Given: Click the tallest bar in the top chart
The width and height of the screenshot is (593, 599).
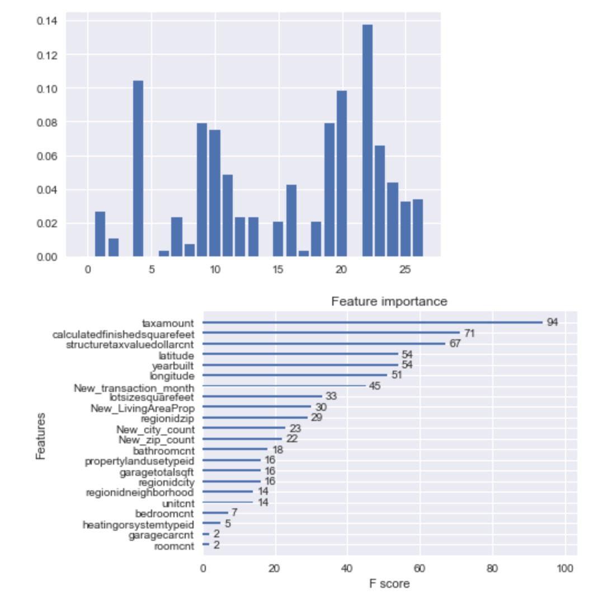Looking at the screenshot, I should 367,140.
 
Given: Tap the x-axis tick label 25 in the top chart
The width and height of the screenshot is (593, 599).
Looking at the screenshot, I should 405,270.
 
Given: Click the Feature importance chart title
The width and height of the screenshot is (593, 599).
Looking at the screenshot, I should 389,302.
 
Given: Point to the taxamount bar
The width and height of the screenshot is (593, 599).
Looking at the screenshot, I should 372,322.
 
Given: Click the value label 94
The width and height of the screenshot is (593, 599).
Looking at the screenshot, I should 552,322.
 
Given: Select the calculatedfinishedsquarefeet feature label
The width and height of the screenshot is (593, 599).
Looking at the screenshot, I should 124,334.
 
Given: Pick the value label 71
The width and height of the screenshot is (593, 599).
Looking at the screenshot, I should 469,334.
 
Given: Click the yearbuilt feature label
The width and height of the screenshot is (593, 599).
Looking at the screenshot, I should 173,365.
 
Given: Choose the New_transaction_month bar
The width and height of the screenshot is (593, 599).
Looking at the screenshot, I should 284,386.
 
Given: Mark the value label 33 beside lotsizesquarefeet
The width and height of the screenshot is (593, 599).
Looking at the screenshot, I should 331,397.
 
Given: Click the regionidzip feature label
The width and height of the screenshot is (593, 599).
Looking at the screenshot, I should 167,418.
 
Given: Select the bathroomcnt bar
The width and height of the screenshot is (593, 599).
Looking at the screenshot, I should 235,449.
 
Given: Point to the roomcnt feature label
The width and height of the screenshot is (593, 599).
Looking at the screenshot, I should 174,545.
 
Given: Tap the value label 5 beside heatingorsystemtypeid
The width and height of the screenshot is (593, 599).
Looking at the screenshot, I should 228,523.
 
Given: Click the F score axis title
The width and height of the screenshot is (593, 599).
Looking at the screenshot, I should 389,584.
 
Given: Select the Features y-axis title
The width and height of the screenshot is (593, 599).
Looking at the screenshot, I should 40,436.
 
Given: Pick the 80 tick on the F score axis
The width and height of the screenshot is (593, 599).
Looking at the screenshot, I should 492,568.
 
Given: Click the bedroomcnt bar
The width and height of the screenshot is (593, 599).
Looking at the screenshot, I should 215,512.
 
